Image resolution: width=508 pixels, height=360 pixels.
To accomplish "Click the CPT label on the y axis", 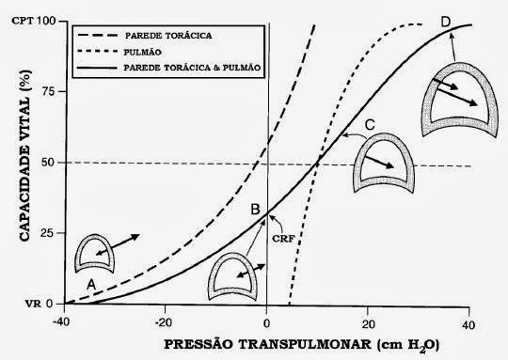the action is (23, 21).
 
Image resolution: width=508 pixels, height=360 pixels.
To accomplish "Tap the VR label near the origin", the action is (33, 304).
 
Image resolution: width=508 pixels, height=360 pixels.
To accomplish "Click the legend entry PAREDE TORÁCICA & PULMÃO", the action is (193, 68).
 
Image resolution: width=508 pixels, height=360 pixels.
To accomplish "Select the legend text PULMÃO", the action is (143, 52).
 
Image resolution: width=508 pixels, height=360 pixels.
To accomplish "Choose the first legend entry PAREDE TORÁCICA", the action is (168, 36).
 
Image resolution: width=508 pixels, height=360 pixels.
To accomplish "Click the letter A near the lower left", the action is (91, 285).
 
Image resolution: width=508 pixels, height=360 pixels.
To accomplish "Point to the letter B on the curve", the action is (255, 210).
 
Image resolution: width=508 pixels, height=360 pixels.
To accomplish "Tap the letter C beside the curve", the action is (370, 125).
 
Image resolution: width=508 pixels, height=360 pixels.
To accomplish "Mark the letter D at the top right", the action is (446, 23).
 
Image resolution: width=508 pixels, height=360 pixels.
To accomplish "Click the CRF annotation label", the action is (283, 239).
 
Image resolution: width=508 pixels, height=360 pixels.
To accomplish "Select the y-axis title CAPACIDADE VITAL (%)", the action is (25, 155).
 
